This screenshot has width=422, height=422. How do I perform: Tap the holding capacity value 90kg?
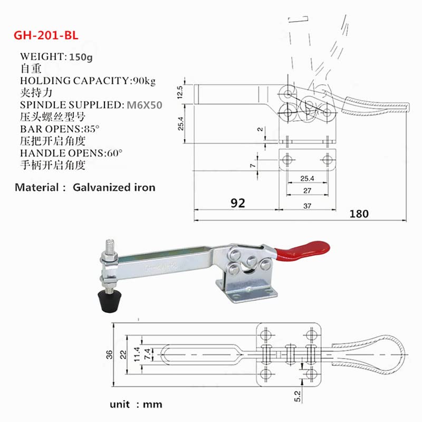144,81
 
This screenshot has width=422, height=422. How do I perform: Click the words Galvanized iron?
114,187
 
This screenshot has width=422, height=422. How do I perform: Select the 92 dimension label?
238,203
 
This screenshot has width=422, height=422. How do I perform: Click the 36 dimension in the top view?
110,354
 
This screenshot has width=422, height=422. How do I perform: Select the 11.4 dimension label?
137,354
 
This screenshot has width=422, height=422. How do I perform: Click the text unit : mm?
136,405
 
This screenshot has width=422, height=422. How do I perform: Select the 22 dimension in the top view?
123,354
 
